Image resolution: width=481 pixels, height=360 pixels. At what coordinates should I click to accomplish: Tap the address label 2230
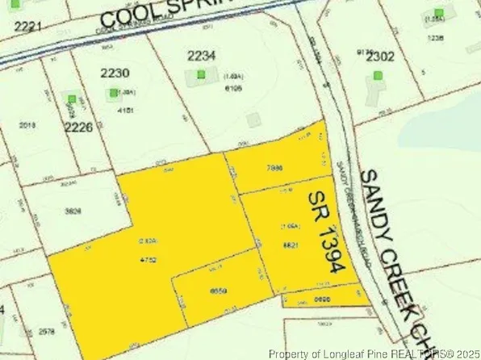click(x=115, y=73)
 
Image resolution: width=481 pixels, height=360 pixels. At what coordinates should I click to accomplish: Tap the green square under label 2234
click(x=201, y=74)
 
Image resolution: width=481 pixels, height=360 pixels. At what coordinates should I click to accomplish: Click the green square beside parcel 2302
click(x=378, y=76)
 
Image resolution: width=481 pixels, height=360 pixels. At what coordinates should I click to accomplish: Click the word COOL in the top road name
click(x=136, y=18)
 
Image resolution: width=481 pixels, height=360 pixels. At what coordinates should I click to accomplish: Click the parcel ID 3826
click(x=76, y=211)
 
